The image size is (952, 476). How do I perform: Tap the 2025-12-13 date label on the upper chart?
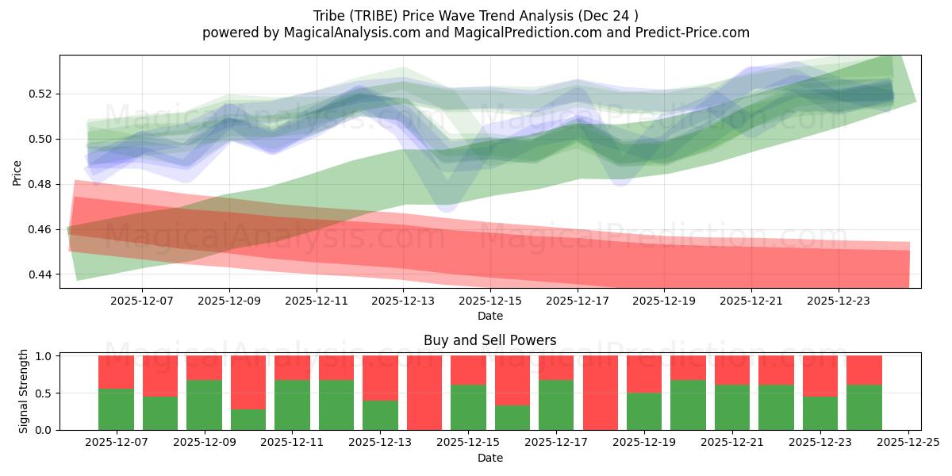[403, 301]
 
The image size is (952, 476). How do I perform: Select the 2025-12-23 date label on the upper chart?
[839, 301]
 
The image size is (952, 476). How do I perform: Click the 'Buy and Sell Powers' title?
[489, 340]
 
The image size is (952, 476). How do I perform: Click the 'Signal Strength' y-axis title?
[24, 391]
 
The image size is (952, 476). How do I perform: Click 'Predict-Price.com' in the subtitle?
[683, 33]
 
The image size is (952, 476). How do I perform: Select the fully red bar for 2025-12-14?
[424, 393]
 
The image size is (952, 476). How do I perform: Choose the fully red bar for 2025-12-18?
[601, 393]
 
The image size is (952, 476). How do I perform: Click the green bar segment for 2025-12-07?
[116, 409]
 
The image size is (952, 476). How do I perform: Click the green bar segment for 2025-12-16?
[512, 418]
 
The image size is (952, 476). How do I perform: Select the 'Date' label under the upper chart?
[489, 316]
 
